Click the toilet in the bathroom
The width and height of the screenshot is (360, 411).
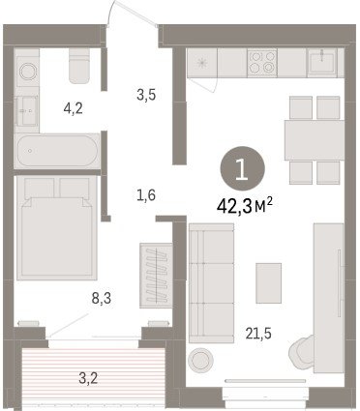click(79, 66)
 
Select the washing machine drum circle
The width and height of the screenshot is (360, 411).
click(27, 72)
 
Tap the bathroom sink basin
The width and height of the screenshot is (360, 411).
click(26, 111)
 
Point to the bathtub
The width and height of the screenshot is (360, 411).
click(57, 151)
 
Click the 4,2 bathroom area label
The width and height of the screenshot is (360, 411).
click(74, 108)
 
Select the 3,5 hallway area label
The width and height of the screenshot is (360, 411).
click(146, 95)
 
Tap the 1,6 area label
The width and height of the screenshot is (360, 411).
click(146, 195)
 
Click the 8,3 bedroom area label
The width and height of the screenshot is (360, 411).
click(102, 299)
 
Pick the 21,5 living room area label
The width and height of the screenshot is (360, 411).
click(258, 334)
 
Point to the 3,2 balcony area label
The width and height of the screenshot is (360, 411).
click(88, 378)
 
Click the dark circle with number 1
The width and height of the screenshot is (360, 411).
click(243, 168)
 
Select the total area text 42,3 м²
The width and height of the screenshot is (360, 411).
click(245, 206)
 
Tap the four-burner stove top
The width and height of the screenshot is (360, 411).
click(262, 63)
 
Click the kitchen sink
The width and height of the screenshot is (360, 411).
click(322, 63)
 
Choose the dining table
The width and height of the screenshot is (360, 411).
click(315, 140)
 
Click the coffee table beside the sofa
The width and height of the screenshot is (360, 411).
click(269, 283)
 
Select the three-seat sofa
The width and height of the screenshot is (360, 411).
click(211, 283)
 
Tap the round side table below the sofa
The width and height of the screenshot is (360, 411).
click(201, 359)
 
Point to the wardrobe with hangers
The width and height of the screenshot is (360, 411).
click(156, 276)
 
